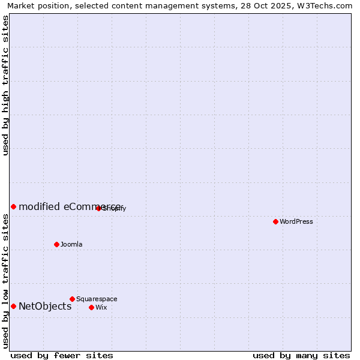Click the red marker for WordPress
275,221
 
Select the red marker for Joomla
56,244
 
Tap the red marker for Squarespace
72,299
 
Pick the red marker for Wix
91,307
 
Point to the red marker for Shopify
98,208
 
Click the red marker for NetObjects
13,306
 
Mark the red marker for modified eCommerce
13,206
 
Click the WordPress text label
296,221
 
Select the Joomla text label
71,244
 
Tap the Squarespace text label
97,299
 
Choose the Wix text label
101,307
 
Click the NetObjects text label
45,306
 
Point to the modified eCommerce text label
69,206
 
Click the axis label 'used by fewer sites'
62,356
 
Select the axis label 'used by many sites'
301,356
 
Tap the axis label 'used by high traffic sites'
5,85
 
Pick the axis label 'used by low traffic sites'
5,281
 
